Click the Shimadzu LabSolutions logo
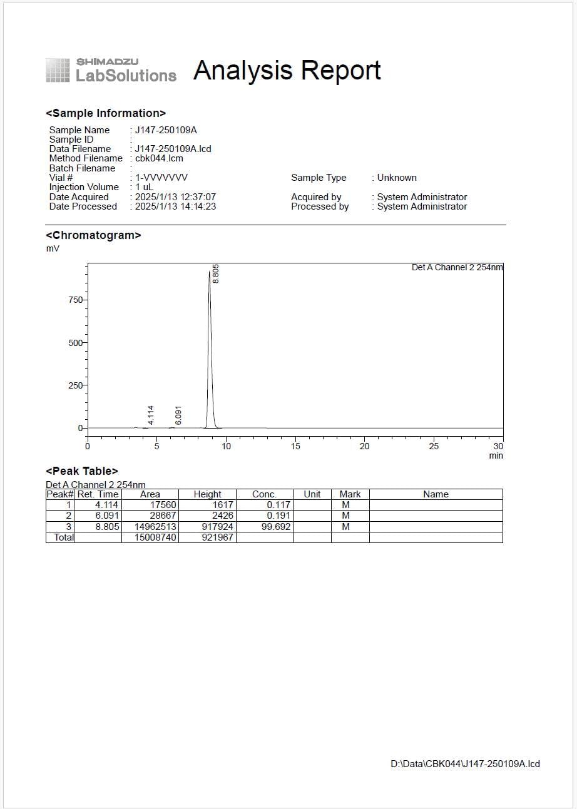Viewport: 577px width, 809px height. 111,70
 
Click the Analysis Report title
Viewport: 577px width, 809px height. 287,70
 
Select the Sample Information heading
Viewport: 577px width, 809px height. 106,113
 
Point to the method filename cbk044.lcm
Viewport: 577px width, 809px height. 159,158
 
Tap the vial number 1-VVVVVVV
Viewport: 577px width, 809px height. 161,178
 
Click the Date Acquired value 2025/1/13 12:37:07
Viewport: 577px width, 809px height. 175,197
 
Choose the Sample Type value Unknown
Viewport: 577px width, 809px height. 397,178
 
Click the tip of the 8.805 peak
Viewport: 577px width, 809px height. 210,272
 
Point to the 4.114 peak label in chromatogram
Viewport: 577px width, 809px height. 150,415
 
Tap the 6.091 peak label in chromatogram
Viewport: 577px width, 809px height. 178,415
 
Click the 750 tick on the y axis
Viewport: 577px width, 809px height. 74,300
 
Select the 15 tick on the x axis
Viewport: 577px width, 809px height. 295,446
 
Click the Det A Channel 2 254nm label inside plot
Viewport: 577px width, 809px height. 457,267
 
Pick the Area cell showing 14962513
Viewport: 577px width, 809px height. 151,527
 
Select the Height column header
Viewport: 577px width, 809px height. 207,494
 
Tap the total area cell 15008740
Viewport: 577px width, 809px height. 151,537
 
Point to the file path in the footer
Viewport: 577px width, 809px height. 465,763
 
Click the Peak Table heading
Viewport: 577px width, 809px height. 82,471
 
